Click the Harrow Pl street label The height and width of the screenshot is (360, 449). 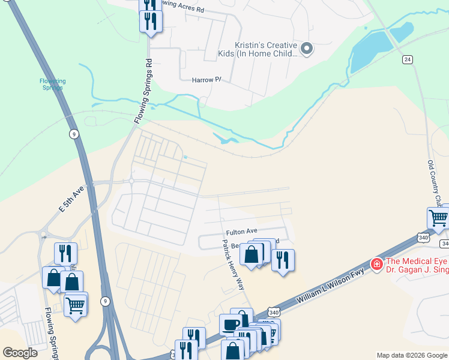[x=206, y=80]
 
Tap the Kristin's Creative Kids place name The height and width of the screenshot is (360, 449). [x=265, y=49]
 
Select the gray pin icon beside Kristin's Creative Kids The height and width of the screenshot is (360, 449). [x=307, y=49]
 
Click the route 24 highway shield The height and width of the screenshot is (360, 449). [x=408, y=59]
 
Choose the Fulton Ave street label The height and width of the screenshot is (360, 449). [x=241, y=231]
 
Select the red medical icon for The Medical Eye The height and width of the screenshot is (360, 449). [x=376, y=263]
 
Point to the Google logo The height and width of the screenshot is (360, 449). [x=20, y=352]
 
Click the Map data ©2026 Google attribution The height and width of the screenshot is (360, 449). [x=411, y=355]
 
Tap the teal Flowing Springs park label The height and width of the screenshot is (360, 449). [x=52, y=84]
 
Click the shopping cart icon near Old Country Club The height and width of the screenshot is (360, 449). [x=439, y=218]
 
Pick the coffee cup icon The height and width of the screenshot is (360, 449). [x=231, y=325]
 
